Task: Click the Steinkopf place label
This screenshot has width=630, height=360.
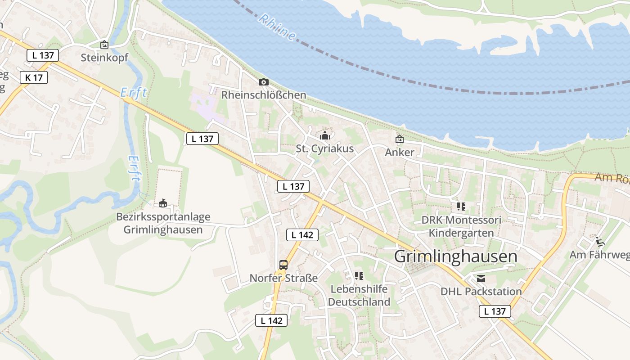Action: [104, 58]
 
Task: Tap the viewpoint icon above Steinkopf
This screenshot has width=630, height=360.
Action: [104, 45]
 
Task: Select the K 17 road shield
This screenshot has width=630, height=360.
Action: [34, 77]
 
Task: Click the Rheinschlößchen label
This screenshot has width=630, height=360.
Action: [264, 95]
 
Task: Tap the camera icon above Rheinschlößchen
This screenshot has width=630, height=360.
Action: [264, 82]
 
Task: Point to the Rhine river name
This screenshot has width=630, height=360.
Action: [278, 27]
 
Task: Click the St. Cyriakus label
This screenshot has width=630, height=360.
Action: [325, 148]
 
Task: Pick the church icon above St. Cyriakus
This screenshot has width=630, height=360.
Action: [325, 135]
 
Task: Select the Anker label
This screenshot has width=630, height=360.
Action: [400, 152]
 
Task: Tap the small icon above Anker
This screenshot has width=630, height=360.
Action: [400, 139]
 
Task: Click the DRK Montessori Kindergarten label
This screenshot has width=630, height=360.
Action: [461, 226]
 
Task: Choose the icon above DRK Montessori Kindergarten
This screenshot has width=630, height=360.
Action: [461, 207]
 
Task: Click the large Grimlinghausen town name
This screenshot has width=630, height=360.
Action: [456, 256]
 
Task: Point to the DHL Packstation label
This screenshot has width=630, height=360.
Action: [481, 291]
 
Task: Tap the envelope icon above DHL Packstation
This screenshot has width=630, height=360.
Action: [481, 279]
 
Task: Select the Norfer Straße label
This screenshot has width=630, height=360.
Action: [283, 278]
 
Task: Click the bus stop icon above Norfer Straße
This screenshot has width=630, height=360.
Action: [283, 265]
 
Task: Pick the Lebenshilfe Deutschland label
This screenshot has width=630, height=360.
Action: [359, 295]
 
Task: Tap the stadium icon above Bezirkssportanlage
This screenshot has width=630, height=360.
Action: [163, 203]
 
